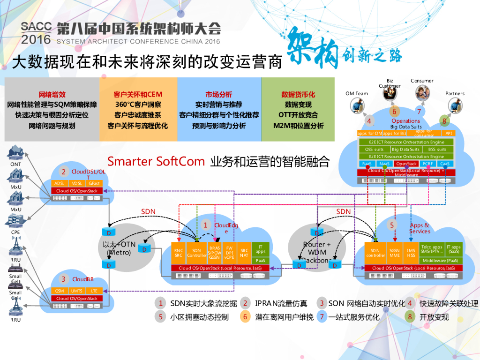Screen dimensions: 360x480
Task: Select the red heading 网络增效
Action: click(x=52, y=94)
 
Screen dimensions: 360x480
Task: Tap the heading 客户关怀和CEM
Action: click(x=138, y=94)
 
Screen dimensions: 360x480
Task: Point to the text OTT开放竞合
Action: click(x=298, y=115)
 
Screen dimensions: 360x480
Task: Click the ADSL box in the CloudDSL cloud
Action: click(x=60, y=183)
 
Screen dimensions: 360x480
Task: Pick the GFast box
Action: click(x=94, y=183)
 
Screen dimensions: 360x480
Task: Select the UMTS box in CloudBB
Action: click(x=77, y=291)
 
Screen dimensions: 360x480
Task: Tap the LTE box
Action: click(x=94, y=291)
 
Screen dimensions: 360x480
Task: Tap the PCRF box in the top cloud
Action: click(x=427, y=164)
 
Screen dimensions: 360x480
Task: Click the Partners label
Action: click(x=455, y=93)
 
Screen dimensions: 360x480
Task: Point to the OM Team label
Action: click(x=357, y=93)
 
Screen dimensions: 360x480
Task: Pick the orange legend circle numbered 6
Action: click(x=245, y=317)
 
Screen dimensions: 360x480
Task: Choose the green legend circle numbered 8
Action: click(x=410, y=317)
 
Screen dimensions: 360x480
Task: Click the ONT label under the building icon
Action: click(x=15, y=165)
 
